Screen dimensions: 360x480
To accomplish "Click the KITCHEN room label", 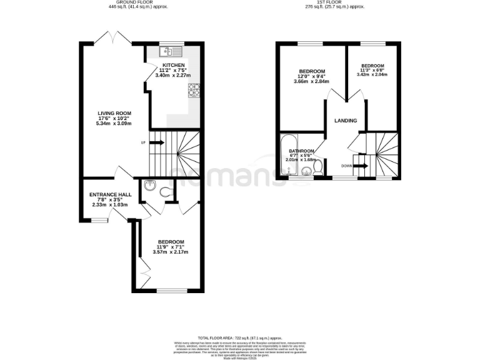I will tap(173, 65).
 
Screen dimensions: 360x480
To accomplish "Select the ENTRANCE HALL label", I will tap(109, 194).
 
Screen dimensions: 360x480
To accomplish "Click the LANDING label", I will tap(346, 120).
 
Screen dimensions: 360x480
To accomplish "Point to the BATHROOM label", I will tap(301, 151).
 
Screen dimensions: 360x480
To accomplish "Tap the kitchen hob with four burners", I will tap(194, 91).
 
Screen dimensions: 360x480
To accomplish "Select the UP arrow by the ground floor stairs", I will tap(156, 143).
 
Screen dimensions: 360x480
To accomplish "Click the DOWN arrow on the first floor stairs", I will tap(361, 166).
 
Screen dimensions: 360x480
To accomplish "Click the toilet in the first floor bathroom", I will tap(317, 167).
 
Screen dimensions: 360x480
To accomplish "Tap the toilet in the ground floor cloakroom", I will tap(167, 192).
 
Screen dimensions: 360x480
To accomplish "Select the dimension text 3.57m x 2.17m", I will tap(171, 252).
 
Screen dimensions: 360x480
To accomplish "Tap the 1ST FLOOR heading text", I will tap(331, 2).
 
